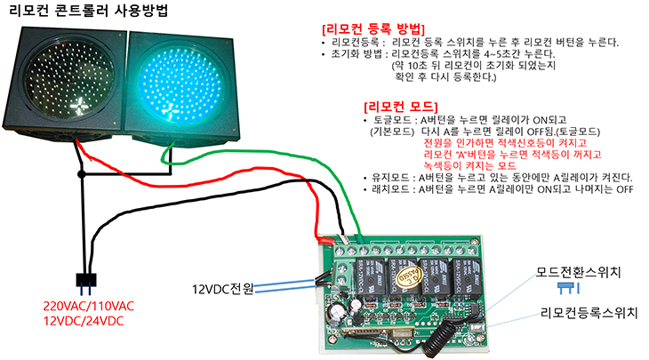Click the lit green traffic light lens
[x=183, y=85]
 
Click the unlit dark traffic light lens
[x=70, y=85]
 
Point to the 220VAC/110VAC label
[x=88, y=306]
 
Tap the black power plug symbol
[x=86, y=282]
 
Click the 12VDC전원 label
[x=223, y=289]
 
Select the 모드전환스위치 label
[x=578, y=270]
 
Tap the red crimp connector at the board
[x=324, y=237]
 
